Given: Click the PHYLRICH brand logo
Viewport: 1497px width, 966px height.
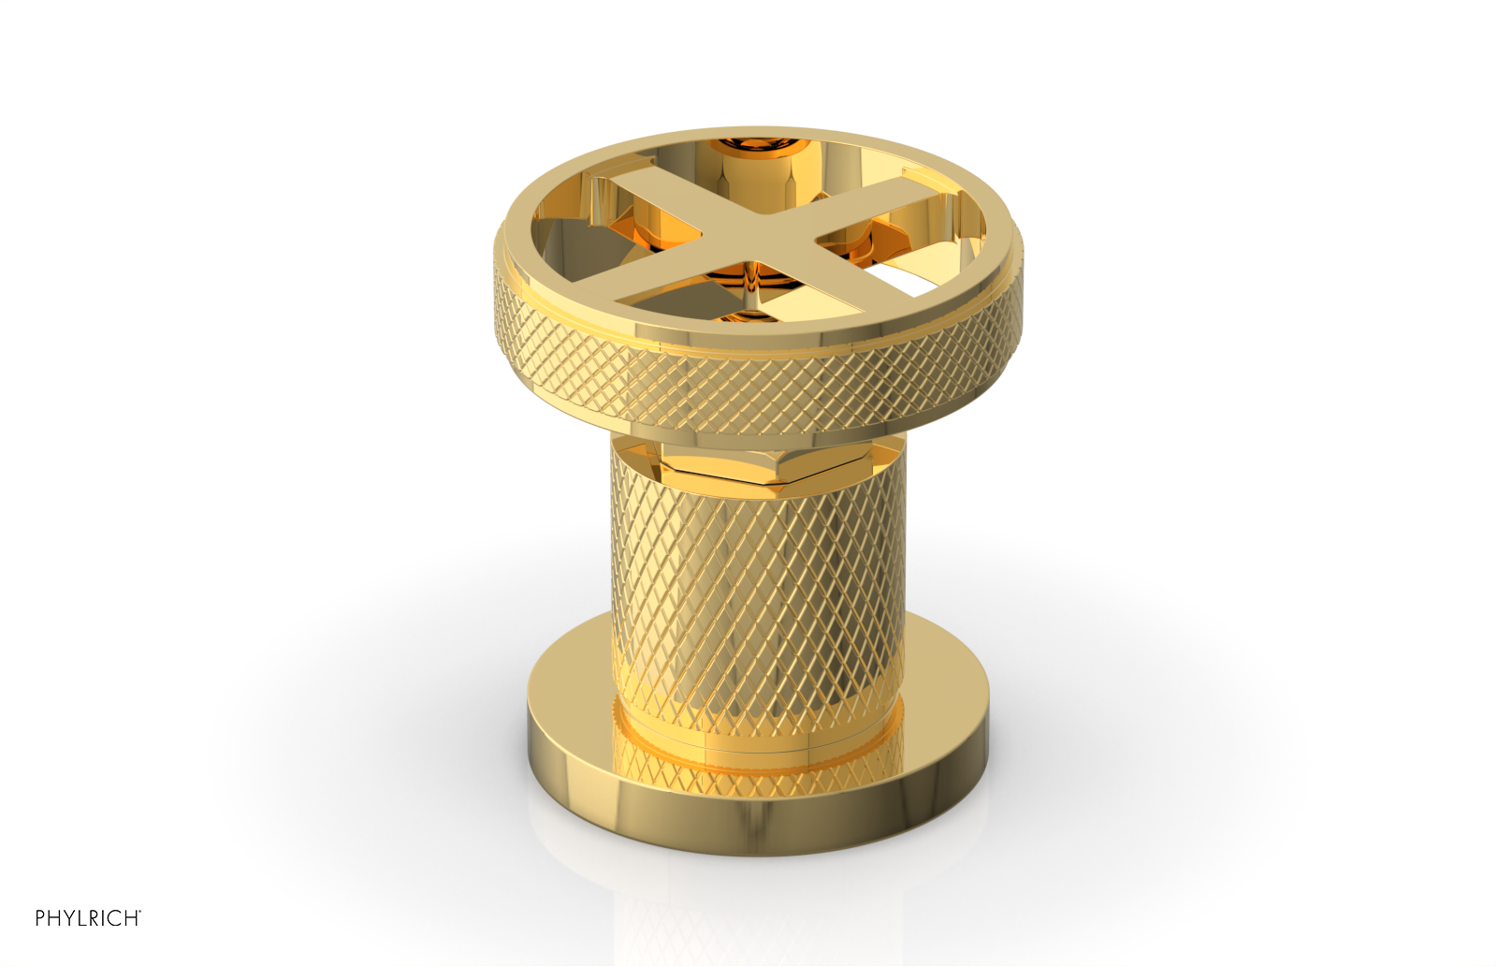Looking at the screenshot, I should click(x=87, y=918).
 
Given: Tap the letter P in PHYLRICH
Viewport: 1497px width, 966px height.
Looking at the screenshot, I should click(x=41, y=918).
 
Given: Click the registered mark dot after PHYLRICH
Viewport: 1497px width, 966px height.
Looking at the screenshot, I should click(x=139, y=912).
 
